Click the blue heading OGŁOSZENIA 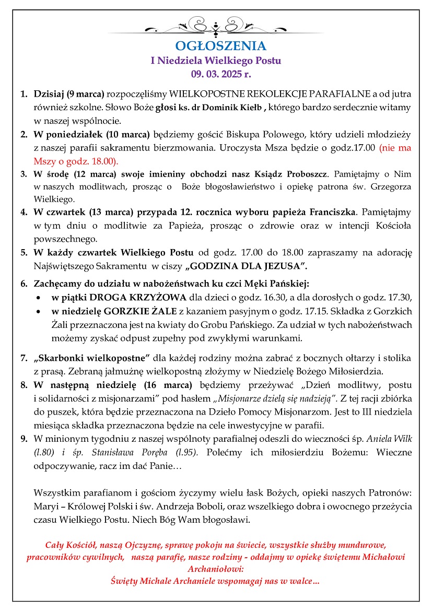click(x=216, y=46)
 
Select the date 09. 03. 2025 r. click(x=216, y=74)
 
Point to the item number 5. click(x=24, y=253)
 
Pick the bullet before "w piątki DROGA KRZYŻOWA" click(x=39, y=299)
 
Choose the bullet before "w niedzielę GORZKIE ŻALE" click(x=39, y=312)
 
